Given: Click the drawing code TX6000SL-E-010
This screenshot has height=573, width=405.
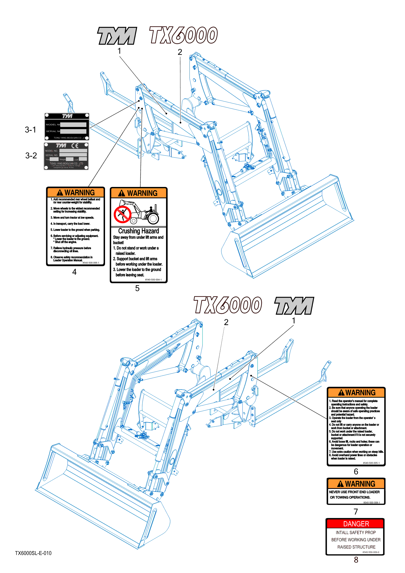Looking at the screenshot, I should [33, 553].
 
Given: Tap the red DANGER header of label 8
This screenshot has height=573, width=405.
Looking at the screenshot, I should [356, 524].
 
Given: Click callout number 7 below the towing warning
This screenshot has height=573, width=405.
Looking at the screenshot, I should [356, 511].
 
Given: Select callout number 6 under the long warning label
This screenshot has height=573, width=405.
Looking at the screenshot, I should [356, 471].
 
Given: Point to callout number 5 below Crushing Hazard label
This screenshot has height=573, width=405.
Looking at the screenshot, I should [137, 288].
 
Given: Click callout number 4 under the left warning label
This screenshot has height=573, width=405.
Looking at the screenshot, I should [75, 272].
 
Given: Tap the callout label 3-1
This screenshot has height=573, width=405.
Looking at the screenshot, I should [31, 130].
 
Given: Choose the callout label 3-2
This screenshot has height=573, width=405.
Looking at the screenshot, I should [31, 156].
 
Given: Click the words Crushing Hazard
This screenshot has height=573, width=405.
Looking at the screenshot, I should [139, 231].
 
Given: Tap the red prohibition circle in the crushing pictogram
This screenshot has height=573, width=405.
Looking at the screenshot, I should [122, 214].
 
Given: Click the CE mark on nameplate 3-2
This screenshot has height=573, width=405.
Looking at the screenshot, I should [75, 146].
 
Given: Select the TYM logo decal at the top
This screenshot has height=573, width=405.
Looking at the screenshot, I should [117, 36].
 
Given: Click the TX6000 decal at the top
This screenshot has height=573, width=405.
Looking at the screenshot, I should [184, 35].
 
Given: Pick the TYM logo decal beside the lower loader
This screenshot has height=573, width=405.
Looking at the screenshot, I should [294, 306].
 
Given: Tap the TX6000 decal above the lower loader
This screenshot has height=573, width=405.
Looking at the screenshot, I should [228, 305].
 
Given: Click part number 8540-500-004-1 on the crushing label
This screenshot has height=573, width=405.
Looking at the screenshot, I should [153, 280].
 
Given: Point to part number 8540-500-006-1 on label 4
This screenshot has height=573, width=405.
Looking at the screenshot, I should [91, 263].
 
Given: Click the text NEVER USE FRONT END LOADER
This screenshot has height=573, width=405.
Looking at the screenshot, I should [354, 492].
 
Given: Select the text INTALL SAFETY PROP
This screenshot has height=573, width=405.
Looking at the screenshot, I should [356, 532].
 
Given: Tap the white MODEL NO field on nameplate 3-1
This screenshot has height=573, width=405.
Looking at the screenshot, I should [73, 125].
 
